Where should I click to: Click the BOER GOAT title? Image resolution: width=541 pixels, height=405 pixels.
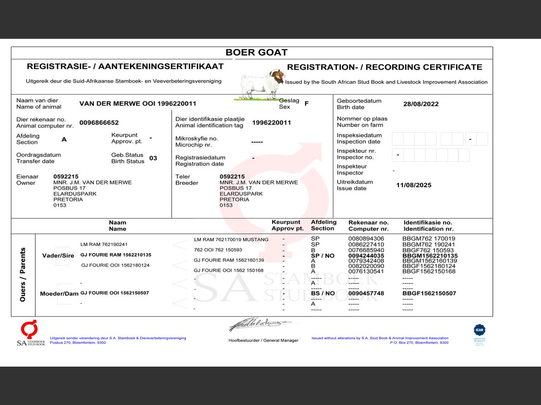pyautogui.click(x=256, y=52)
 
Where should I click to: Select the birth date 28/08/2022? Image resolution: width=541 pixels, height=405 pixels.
pyautogui.click(x=421, y=104)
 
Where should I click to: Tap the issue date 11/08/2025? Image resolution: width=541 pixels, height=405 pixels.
pyautogui.click(x=413, y=185)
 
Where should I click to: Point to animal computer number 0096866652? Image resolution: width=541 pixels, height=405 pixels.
pyautogui.click(x=99, y=123)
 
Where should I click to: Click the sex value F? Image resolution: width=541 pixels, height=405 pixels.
pyautogui.click(x=306, y=103)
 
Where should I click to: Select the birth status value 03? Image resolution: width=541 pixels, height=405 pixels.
pyautogui.click(x=153, y=158)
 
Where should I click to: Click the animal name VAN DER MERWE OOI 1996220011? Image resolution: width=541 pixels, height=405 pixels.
pyautogui.click(x=137, y=104)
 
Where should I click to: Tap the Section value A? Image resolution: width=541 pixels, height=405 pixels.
pyautogui.click(x=64, y=139)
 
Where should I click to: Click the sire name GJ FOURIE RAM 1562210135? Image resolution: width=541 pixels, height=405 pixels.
pyautogui.click(x=115, y=255)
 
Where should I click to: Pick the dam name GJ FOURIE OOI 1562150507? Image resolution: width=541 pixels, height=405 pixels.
pyautogui.click(x=115, y=293)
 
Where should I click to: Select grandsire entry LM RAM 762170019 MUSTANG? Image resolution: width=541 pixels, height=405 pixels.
pyautogui.click(x=231, y=240)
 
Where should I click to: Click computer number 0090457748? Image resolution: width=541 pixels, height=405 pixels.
pyautogui.click(x=366, y=293)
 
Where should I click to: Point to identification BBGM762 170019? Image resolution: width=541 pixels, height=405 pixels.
pyautogui.click(x=429, y=238)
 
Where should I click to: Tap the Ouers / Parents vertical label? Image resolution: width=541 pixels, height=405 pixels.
pyautogui.click(x=23, y=274)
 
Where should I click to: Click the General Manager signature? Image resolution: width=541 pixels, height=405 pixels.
pyautogui.click(x=260, y=324)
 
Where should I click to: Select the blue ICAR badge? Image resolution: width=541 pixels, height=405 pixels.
pyautogui.click(x=479, y=330)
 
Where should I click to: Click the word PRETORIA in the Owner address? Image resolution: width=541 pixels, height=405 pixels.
pyautogui.click(x=68, y=200)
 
